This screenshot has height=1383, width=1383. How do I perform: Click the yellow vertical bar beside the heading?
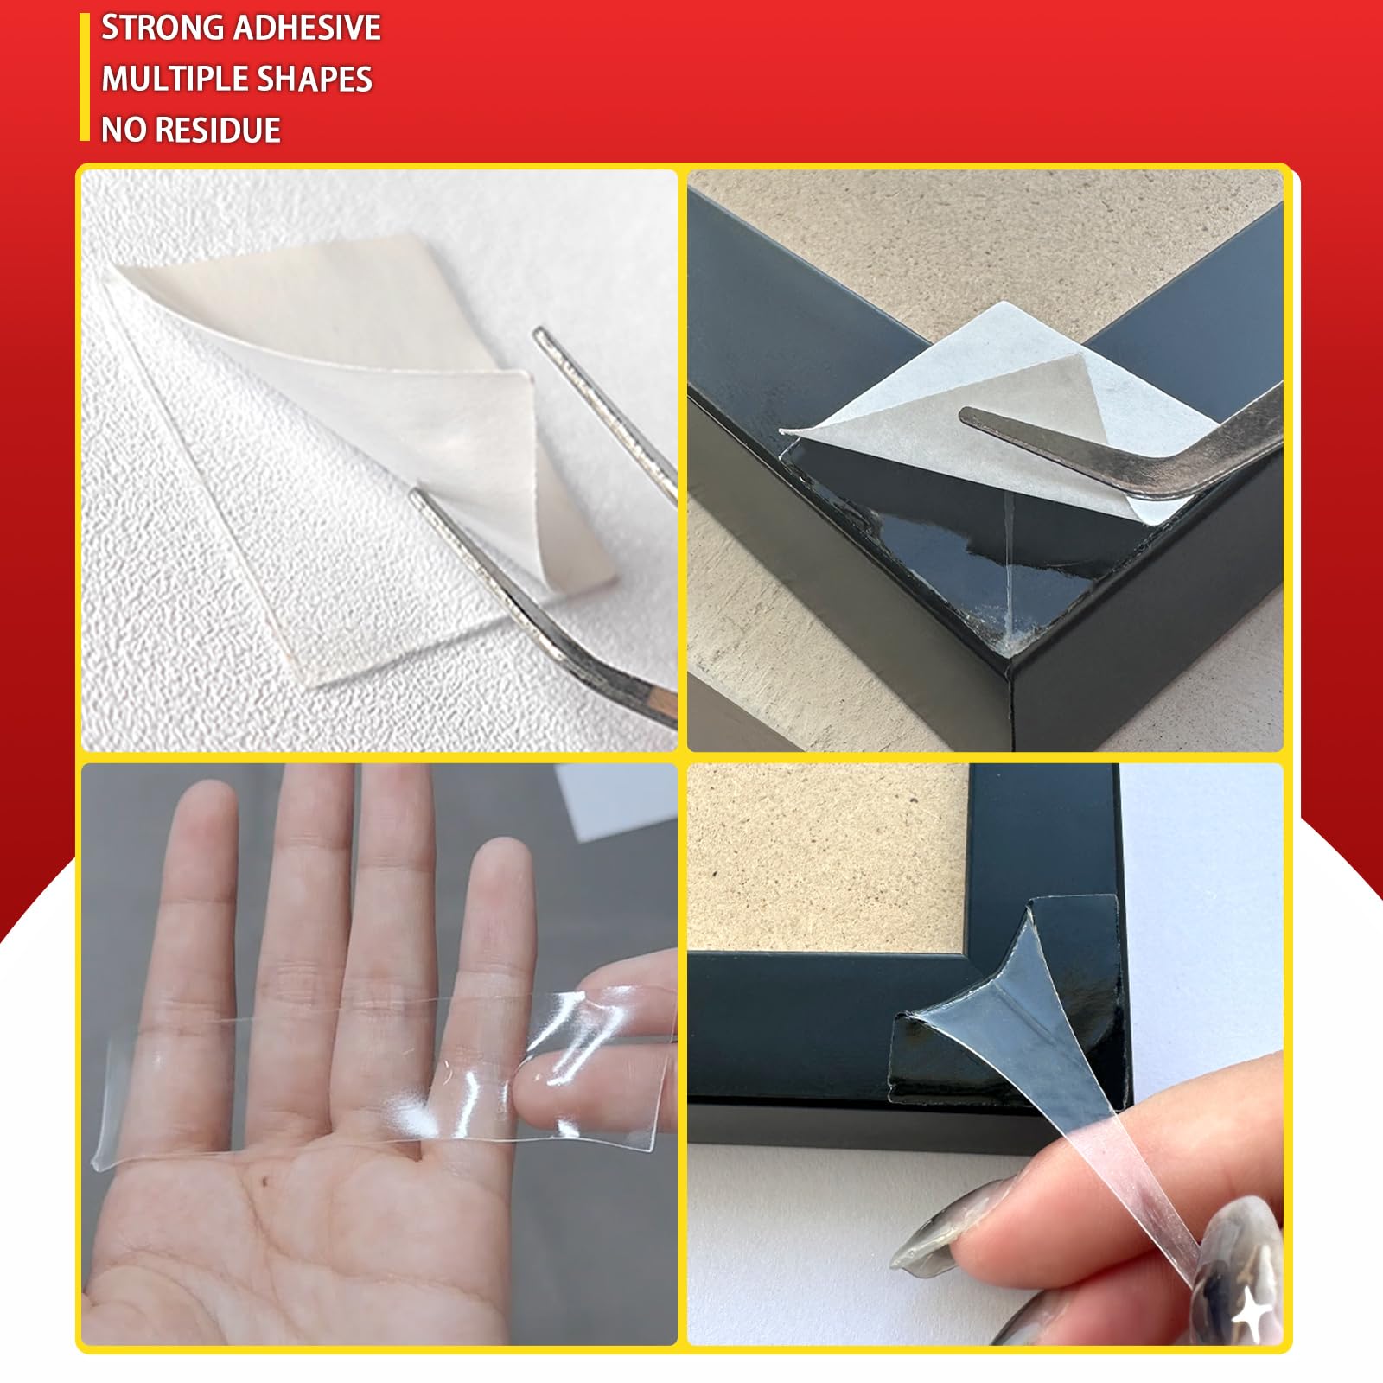pyautogui.click(x=85, y=77)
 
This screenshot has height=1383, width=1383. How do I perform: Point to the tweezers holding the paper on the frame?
pyautogui.click(x=1124, y=449)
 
